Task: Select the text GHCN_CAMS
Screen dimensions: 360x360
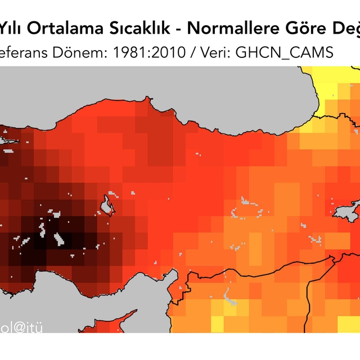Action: [x=285, y=52]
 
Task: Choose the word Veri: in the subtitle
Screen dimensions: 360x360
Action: [x=213, y=52]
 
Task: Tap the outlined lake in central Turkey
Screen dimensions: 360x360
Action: [x=106, y=206]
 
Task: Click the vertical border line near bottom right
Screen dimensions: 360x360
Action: [x=307, y=292]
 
